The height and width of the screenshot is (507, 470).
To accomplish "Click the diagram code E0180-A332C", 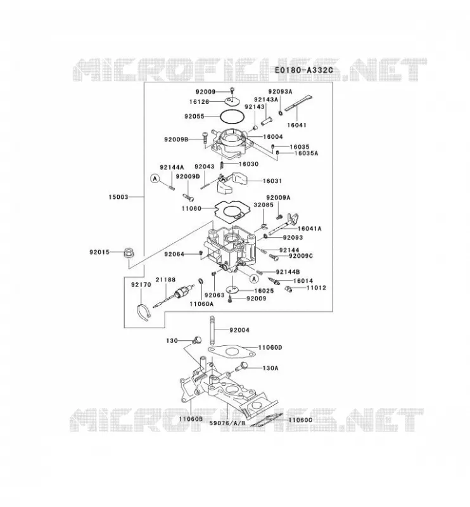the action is click(303, 70).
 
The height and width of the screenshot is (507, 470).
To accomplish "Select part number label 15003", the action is click(118, 197).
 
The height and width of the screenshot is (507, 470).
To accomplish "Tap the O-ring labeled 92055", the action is click(231, 117).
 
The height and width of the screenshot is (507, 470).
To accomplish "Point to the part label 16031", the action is click(272, 181).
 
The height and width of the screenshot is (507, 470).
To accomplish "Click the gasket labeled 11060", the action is click(231, 210).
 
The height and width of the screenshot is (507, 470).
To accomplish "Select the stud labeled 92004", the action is click(212, 331).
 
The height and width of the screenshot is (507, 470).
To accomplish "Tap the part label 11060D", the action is click(270, 347).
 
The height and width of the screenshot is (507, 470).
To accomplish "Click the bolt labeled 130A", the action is click(241, 367).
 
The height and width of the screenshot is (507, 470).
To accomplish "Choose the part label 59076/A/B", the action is click(227, 423).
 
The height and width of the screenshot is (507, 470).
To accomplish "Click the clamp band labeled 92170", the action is click(143, 312).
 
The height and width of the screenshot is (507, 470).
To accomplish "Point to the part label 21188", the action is click(165, 279).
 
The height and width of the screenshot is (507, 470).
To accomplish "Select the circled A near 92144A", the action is click(155, 178).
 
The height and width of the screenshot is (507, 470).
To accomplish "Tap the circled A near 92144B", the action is click(255, 278).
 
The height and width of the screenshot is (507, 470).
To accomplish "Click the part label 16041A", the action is click(309, 229).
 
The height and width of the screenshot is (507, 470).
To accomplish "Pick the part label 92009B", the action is click(176, 139).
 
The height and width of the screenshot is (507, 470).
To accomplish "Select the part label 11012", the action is click(317, 288).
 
